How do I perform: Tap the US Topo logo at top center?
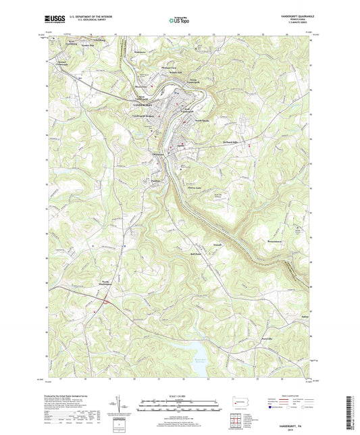[180, 20]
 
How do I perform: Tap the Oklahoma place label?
[157, 159]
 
